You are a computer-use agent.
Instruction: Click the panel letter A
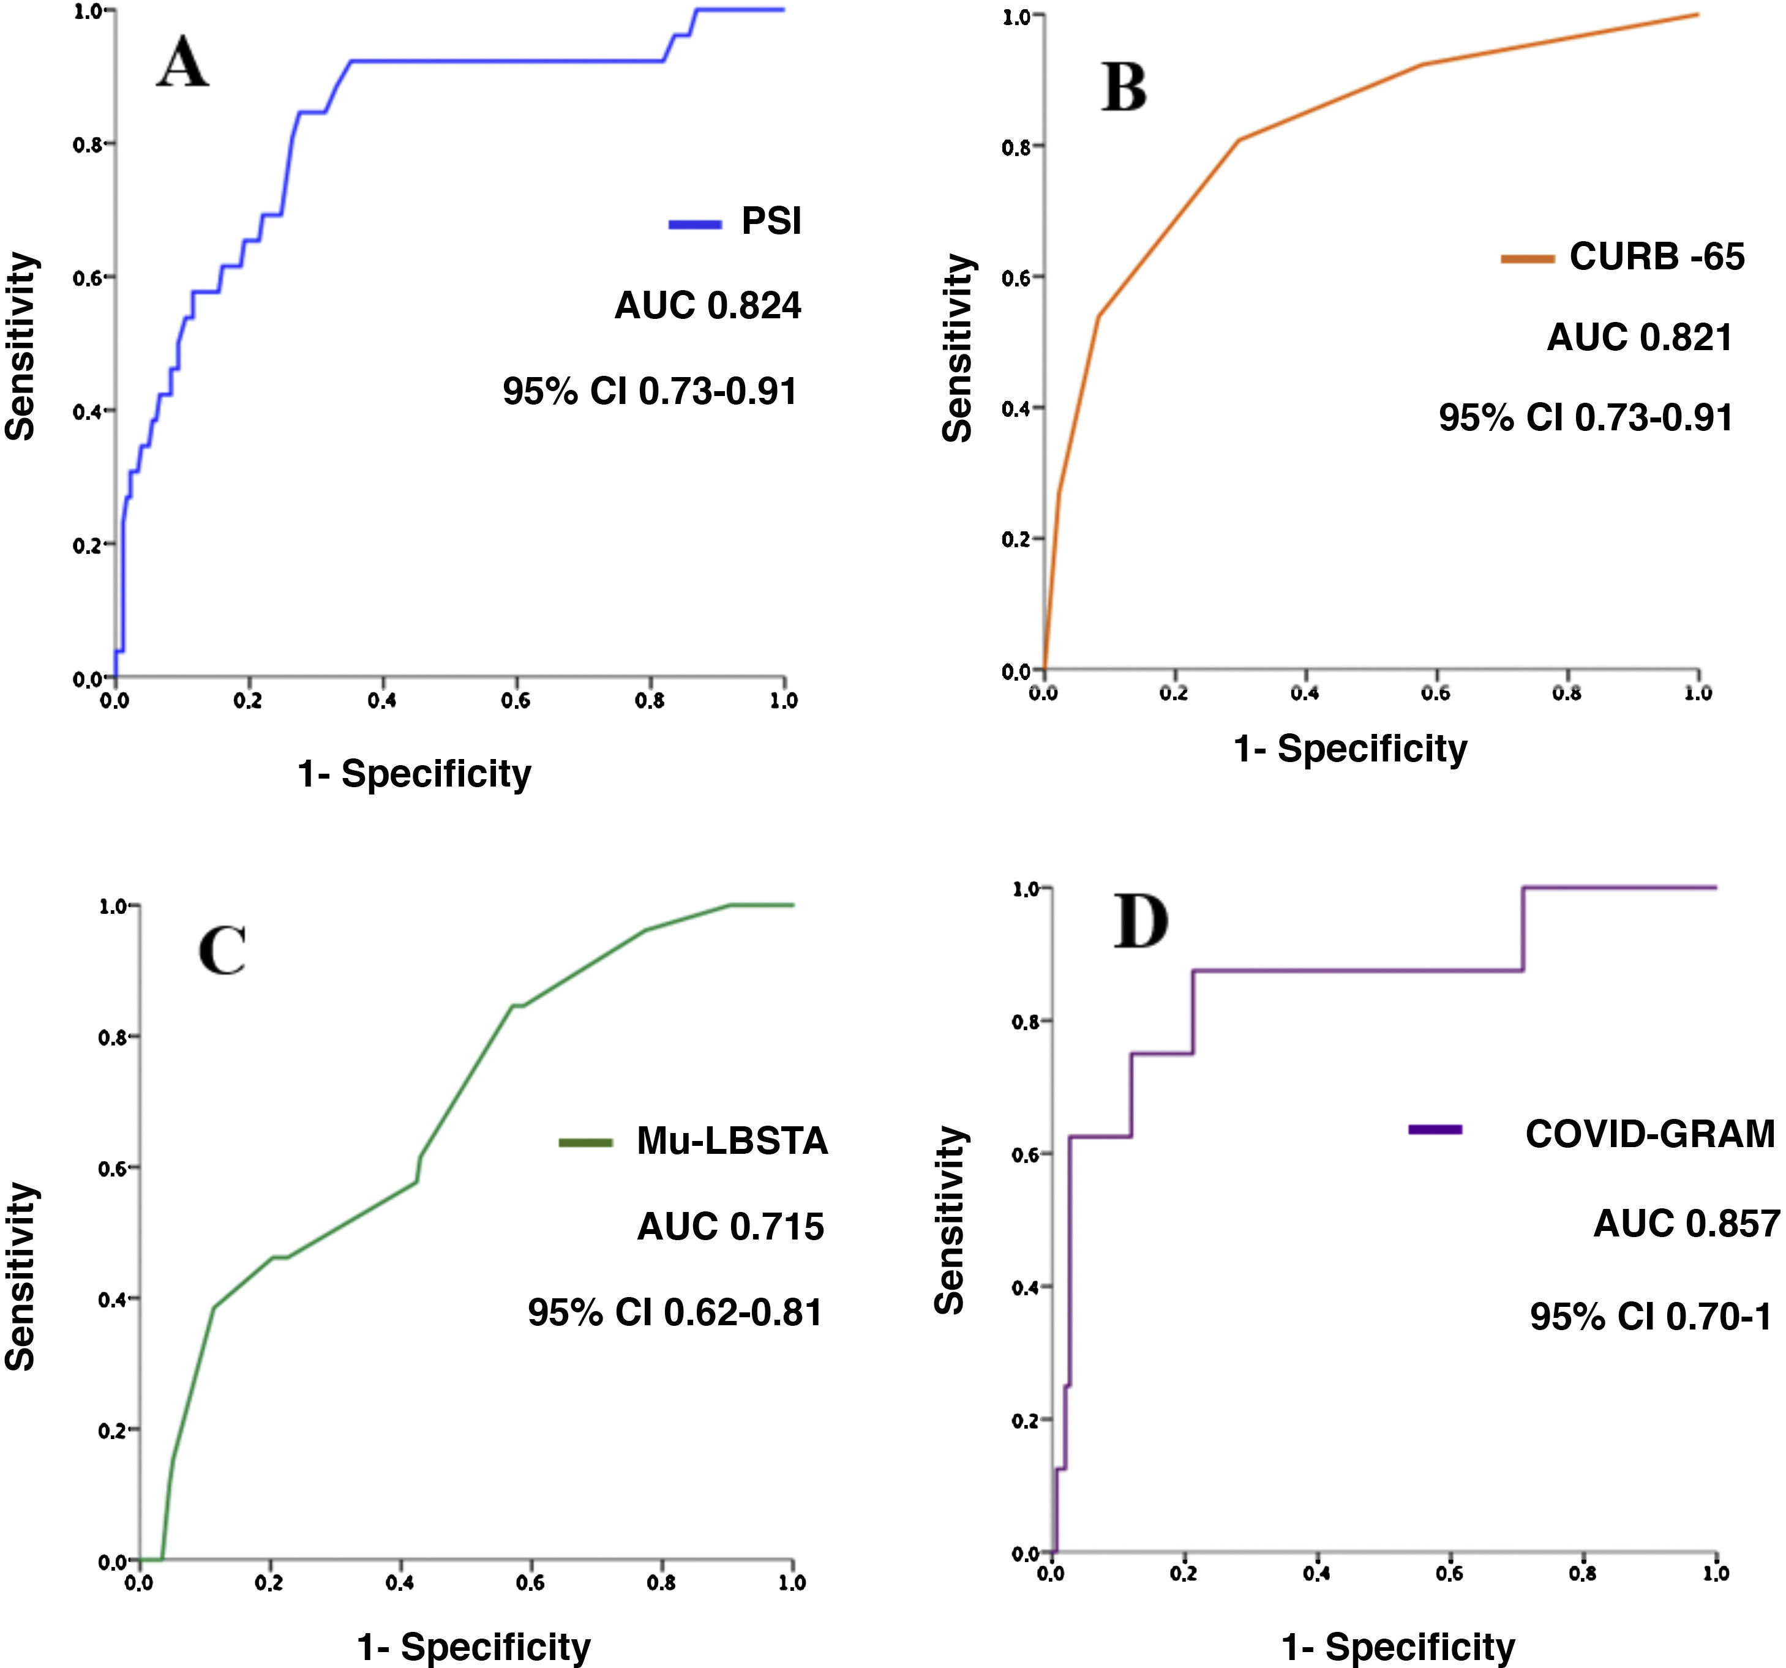click(x=183, y=63)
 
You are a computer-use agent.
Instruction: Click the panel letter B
click(x=1124, y=88)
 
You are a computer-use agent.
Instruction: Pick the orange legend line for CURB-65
click(x=1527, y=260)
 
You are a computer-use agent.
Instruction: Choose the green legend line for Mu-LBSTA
click(x=586, y=1143)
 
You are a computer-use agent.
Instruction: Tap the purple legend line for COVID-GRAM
click(x=1435, y=1129)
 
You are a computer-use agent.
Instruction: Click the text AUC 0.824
click(x=707, y=306)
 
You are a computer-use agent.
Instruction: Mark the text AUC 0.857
click(x=1686, y=1224)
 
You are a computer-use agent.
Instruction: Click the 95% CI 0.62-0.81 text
click(x=675, y=1313)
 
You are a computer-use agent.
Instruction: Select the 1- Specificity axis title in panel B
click(x=1349, y=748)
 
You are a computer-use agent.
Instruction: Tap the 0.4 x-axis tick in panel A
click(x=382, y=701)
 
